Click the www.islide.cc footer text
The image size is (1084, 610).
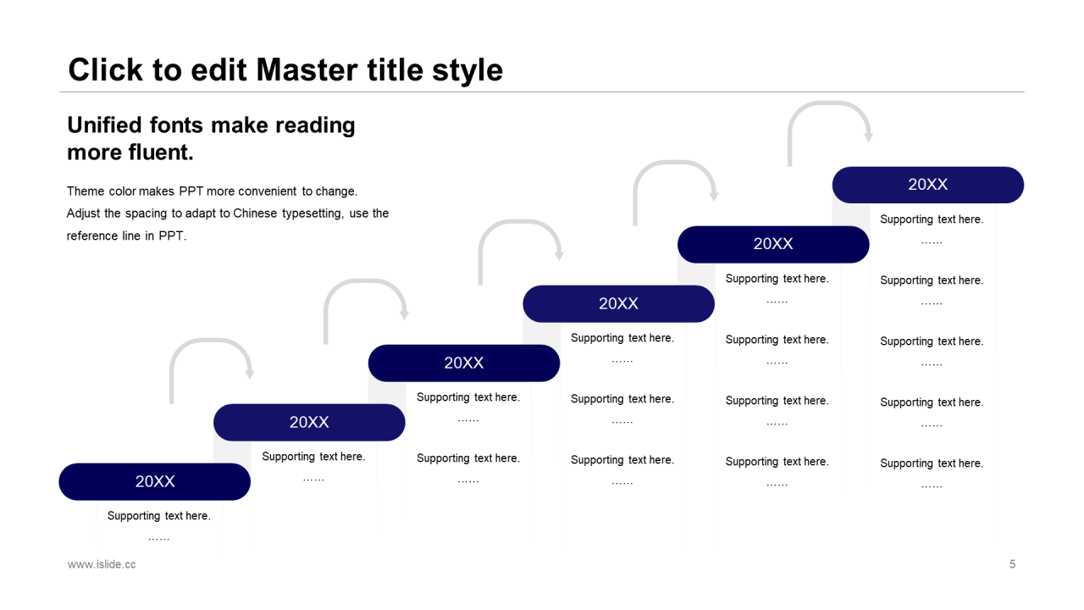click(102, 564)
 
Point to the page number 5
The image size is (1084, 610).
click(1012, 564)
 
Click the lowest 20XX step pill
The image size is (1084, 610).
click(155, 481)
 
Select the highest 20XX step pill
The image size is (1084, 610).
click(927, 185)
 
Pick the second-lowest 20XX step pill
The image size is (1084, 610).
click(309, 422)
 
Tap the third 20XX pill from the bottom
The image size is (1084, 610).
click(464, 363)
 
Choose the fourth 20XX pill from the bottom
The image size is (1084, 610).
click(618, 303)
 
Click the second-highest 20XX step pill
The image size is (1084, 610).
click(773, 244)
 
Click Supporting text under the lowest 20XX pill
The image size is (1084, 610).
click(159, 516)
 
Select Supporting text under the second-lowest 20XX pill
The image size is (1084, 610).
click(313, 457)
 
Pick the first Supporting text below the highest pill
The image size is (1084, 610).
click(932, 219)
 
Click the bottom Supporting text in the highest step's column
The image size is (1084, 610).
click(932, 463)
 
